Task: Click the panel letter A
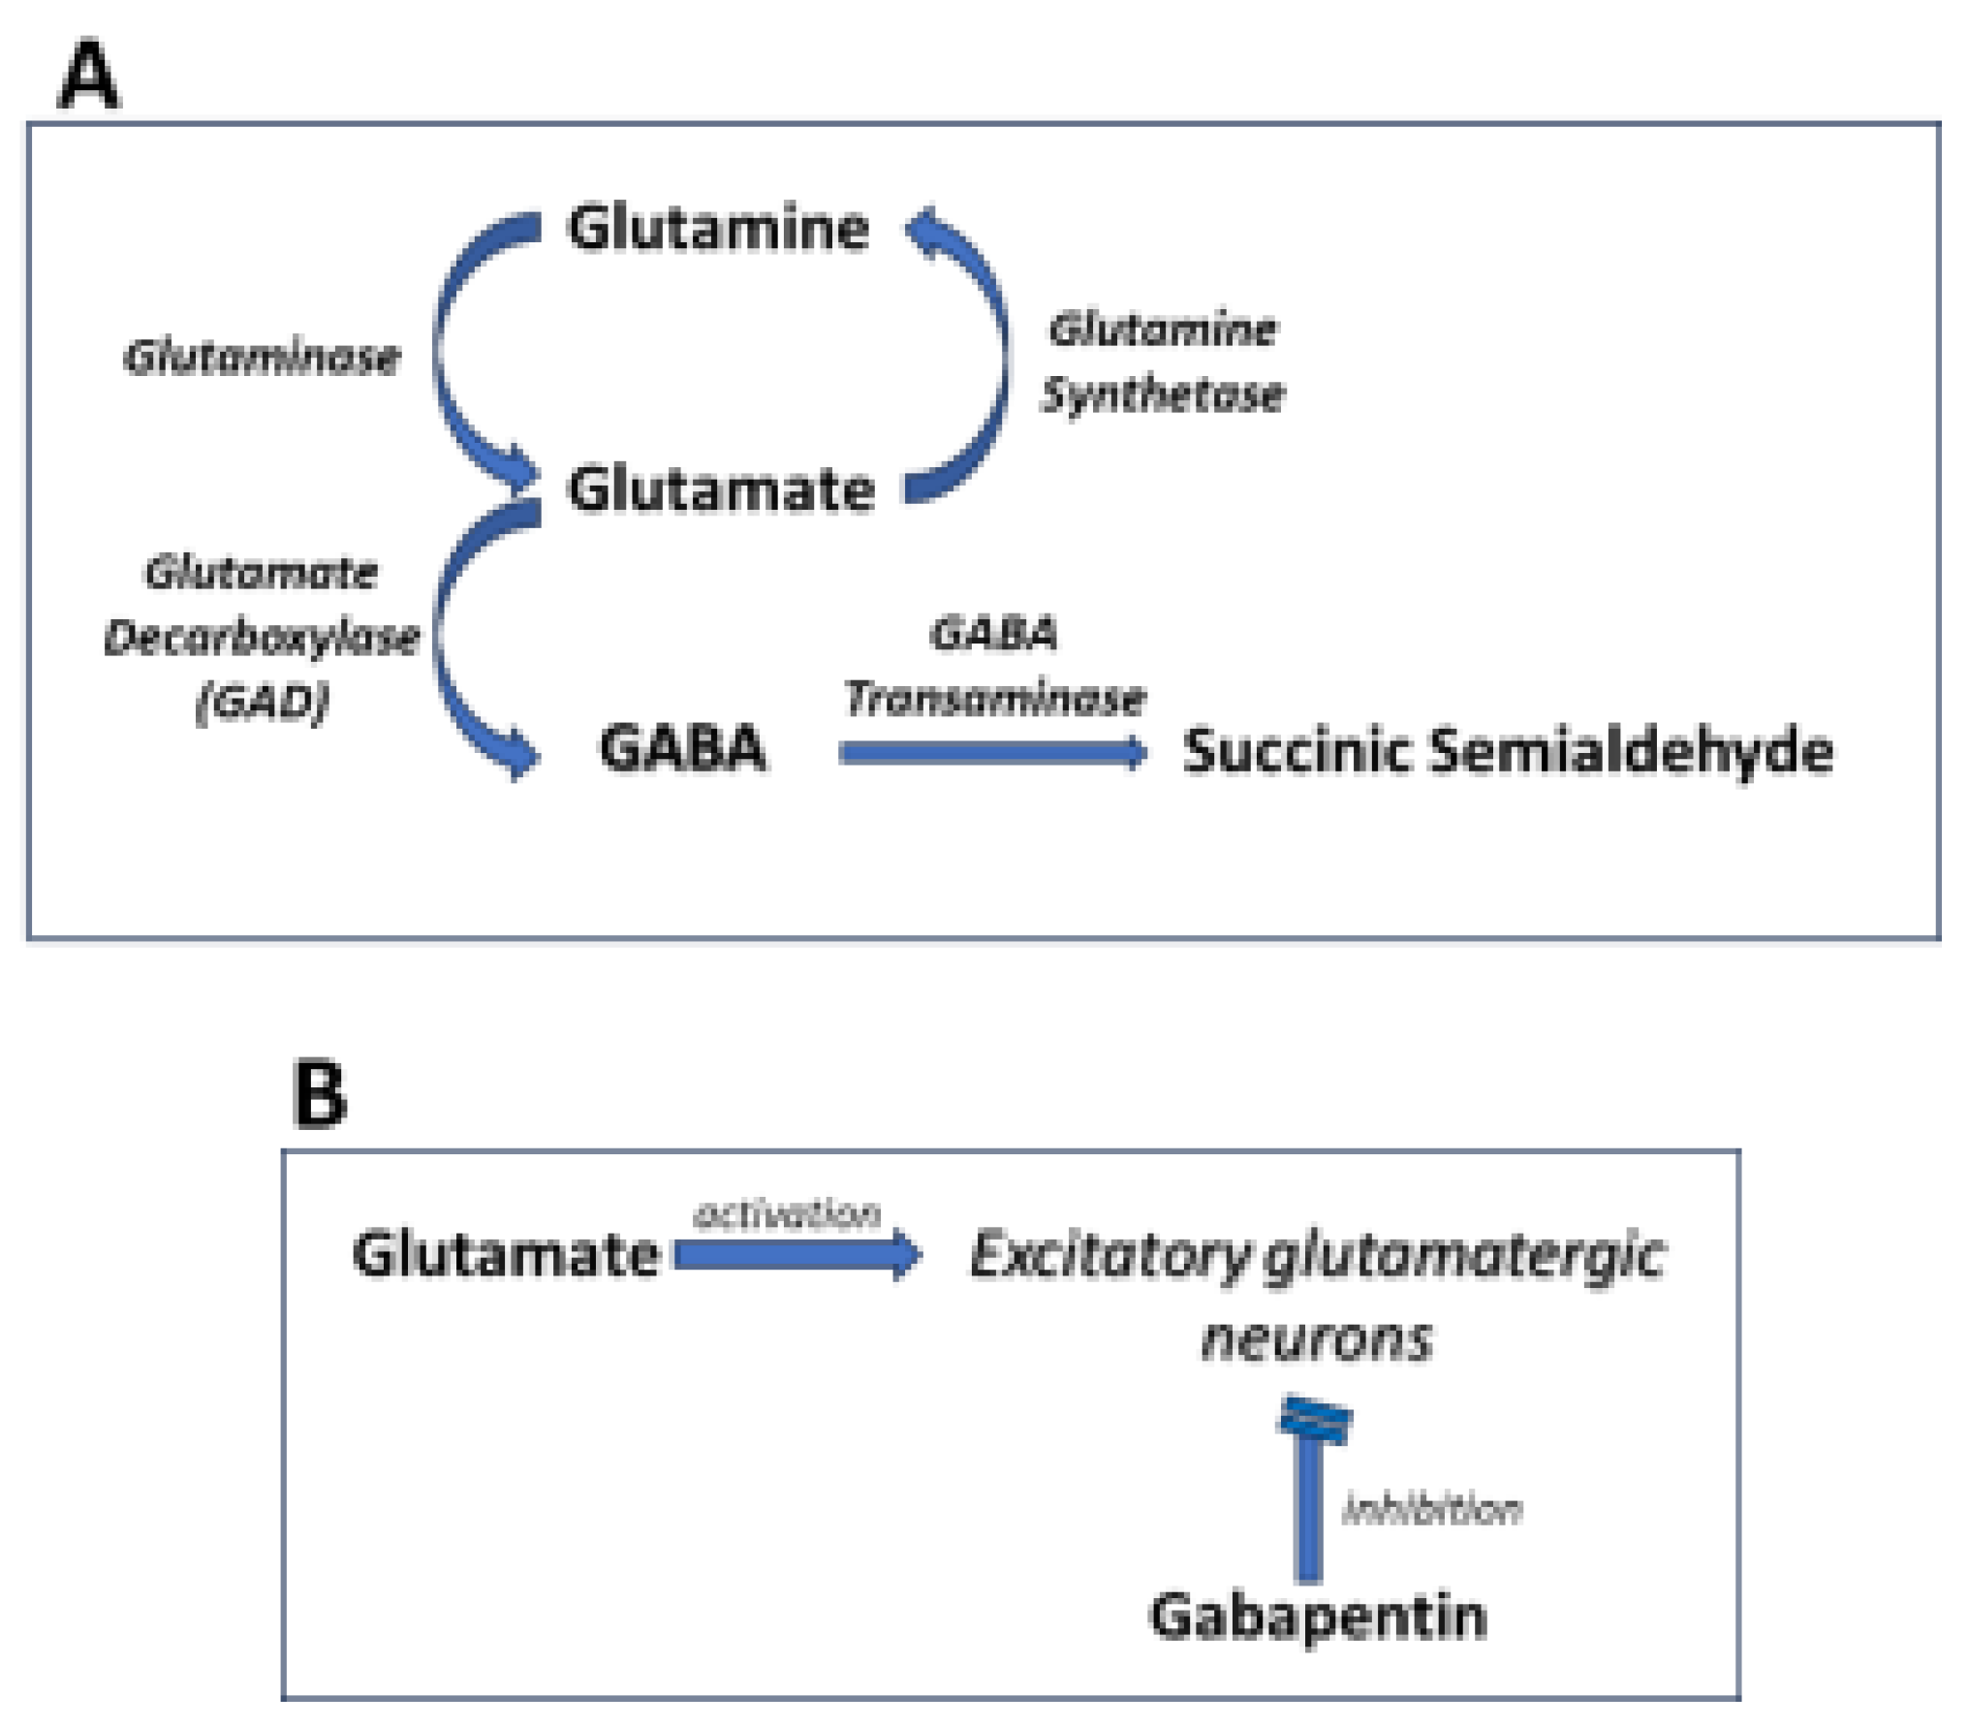[x=88, y=76]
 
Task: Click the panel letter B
[x=319, y=1095]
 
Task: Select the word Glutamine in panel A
[x=718, y=229]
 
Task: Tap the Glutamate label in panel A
[x=721, y=488]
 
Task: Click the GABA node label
[x=683, y=749]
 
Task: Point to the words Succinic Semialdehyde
[x=1508, y=751]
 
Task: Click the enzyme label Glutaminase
[x=262, y=358]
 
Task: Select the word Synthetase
[x=1162, y=395]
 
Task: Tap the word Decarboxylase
[x=262, y=638]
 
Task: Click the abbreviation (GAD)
[x=262, y=701]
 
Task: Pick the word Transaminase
[x=994, y=699]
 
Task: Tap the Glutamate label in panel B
[x=506, y=1255]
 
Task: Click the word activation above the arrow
[x=787, y=1213]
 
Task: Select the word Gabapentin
[x=1318, y=1617]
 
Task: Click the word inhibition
[x=1431, y=1510]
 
